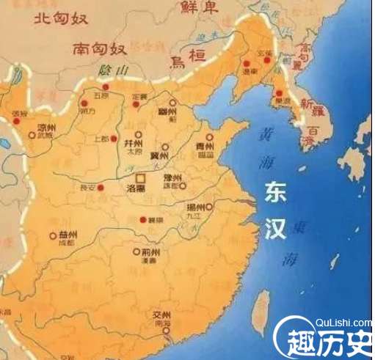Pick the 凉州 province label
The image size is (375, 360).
(47, 125)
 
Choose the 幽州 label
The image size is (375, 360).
(168, 111)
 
